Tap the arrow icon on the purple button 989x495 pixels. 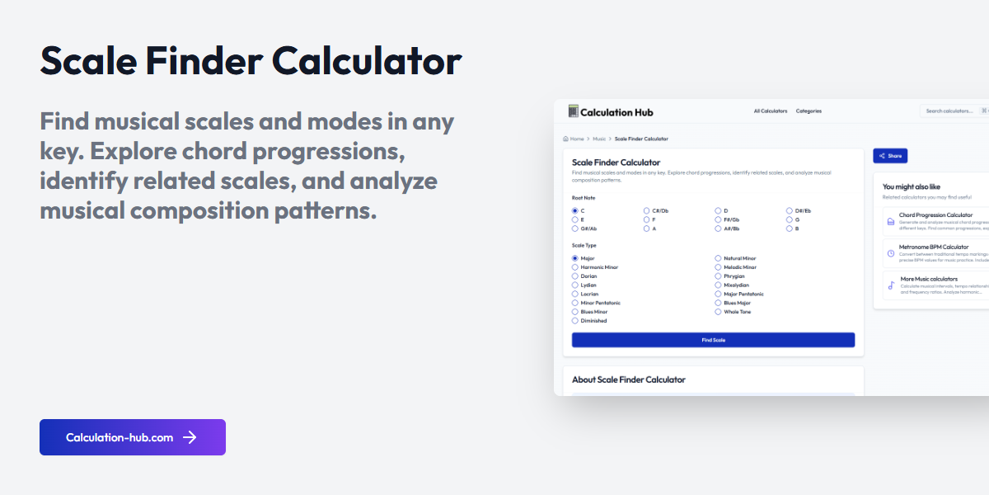click(x=190, y=437)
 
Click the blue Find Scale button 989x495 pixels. click(x=713, y=340)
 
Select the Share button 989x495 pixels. click(x=890, y=156)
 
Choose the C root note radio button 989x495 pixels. click(x=575, y=211)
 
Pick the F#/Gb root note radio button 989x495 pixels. click(x=718, y=220)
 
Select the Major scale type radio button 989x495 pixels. click(x=575, y=259)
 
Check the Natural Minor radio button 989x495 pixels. click(x=718, y=259)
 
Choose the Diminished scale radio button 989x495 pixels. click(x=575, y=321)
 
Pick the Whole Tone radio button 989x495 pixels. click(x=718, y=312)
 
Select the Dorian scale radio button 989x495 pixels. click(x=575, y=276)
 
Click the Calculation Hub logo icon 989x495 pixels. click(x=574, y=111)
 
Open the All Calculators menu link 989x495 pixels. click(x=771, y=111)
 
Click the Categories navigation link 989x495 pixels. click(x=809, y=111)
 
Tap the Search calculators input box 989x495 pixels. click(x=949, y=111)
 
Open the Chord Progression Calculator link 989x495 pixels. click(x=935, y=215)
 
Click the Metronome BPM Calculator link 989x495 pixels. click(x=934, y=247)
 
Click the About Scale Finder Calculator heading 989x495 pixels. click(x=629, y=379)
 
